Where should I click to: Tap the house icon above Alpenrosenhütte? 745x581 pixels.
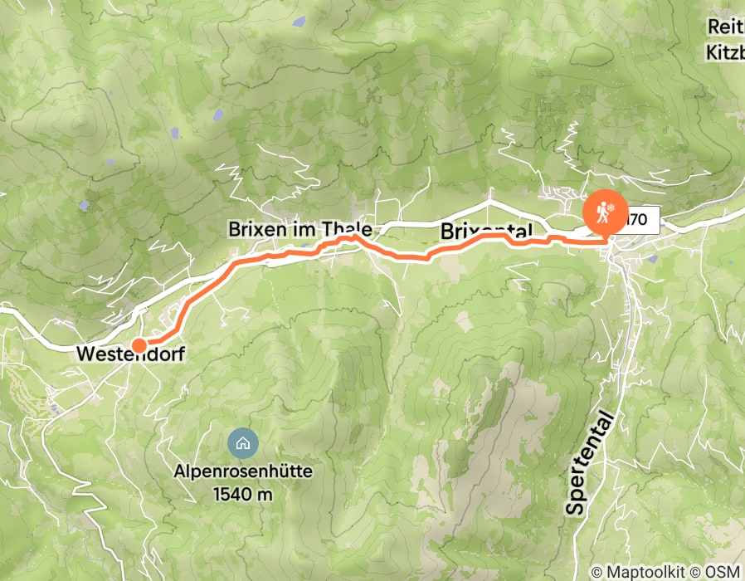pos(242,443)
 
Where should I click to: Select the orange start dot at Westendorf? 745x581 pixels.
pos(139,345)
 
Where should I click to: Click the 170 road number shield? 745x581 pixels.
pos(639,221)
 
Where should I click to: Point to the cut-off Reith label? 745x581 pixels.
pos(725,27)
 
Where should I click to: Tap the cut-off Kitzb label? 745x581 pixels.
pos(725,53)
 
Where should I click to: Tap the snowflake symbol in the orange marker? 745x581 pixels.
pos(611,205)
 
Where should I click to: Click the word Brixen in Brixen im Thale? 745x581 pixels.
pos(258,229)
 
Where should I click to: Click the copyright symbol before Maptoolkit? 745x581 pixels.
pos(597,572)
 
